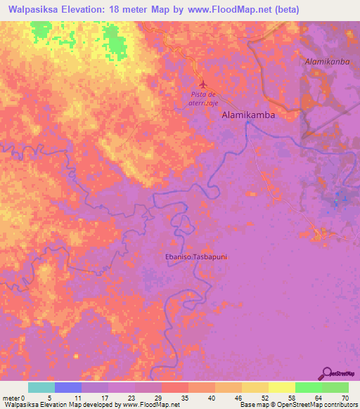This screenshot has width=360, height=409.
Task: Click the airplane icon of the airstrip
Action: pyautogui.click(x=203, y=84)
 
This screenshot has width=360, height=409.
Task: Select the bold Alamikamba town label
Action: pyautogui.click(x=248, y=114)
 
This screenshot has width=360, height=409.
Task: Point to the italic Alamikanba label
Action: pyautogui.click(x=327, y=62)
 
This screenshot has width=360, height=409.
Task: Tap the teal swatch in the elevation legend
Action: pyautogui.click(x=41, y=387)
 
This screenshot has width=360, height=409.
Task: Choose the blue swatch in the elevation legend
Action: pyautogui.click(x=68, y=387)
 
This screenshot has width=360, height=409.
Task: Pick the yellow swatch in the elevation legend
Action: pyautogui.click(x=281, y=387)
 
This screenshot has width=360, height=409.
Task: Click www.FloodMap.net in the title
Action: pyautogui.click(x=221, y=9)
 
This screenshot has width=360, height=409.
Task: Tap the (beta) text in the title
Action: pyautogui.click(x=282, y=9)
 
